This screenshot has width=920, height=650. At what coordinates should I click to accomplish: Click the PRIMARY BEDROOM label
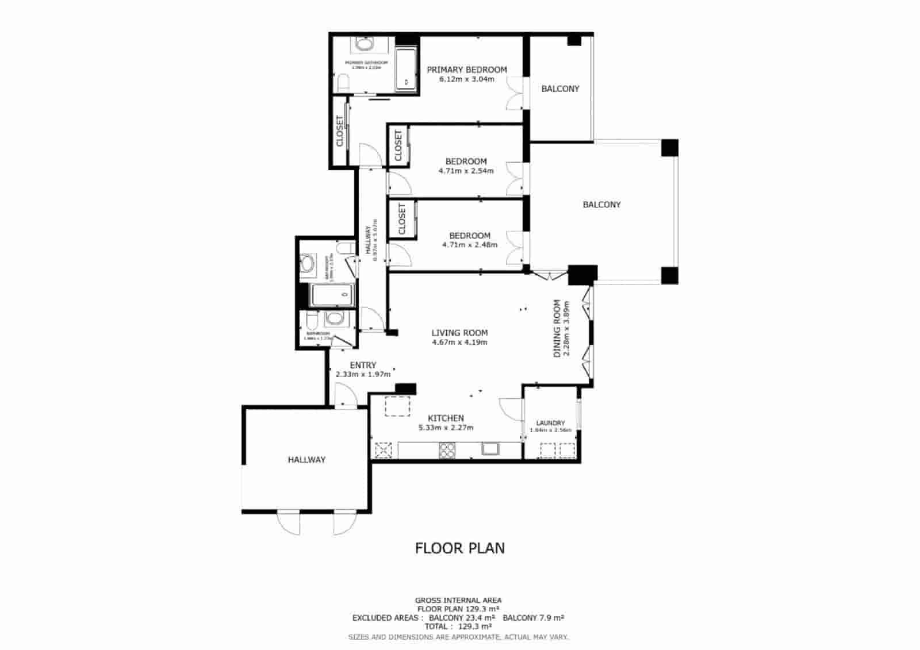pyautogui.click(x=466, y=70)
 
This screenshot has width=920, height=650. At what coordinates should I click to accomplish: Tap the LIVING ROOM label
pyautogui.click(x=459, y=333)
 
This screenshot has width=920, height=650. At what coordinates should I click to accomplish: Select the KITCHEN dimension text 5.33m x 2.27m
pyautogui.click(x=446, y=428)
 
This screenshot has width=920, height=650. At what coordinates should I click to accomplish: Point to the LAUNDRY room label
pyautogui.click(x=550, y=423)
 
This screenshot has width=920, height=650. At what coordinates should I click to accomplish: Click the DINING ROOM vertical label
pyautogui.click(x=557, y=328)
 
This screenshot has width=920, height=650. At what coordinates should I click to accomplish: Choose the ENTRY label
pyautogui.click(x=363, y=365)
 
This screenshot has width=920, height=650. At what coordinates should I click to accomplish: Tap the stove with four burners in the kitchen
pyautogui.click(x=447, y=450)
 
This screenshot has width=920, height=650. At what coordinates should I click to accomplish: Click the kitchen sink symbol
pyautogui.click(x=490, y=449)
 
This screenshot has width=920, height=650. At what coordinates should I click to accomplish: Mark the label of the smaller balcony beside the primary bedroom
pyautogui.click(x=560, y=89)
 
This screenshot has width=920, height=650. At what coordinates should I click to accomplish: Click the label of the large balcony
pyautogui.click(x=601, y=205)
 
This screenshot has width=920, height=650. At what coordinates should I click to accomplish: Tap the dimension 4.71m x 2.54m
pyautogui.click(x=466, y=171)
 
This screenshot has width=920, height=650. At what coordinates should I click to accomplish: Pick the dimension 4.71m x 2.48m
pyautogui.click(x=469, y=245)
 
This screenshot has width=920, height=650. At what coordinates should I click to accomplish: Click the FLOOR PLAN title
pyautogui.click(x=460, y=548)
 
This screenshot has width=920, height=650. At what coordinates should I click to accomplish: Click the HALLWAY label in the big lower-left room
pyautogui.click(x=306, y=460)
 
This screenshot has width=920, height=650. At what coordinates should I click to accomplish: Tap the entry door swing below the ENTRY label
pyautogui.click(x=344, y=397)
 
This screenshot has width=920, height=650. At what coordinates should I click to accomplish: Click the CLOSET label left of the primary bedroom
pyautogui.click(x=340, y=131)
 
